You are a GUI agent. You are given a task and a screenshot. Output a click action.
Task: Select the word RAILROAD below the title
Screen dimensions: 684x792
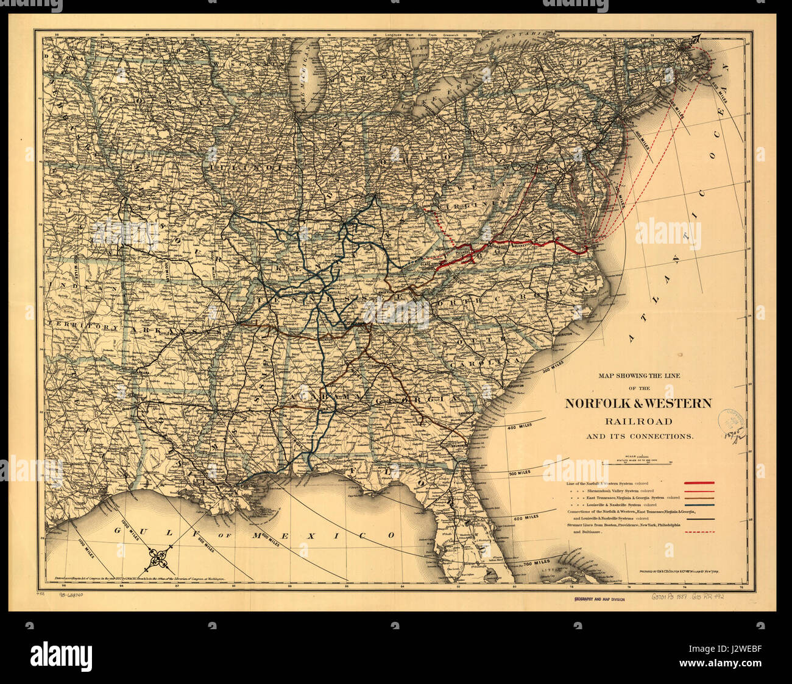coord(638,421)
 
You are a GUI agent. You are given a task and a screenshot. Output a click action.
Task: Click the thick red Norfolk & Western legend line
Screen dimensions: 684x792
coord(699,483)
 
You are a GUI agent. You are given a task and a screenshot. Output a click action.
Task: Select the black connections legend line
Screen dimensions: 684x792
coord(699,520)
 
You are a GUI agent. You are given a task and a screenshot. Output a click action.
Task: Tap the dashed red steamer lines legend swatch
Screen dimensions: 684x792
coord(699,532)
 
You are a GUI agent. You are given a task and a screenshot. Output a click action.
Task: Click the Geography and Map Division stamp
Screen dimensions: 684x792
coord(598,600)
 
